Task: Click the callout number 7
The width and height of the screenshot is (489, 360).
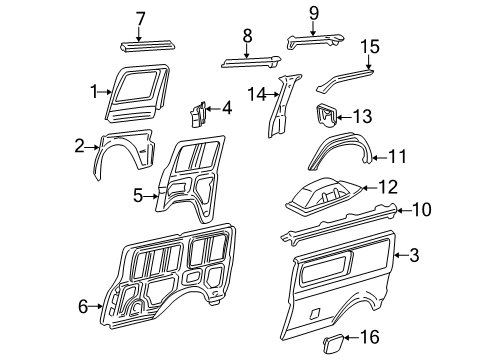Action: (x=141, y=17)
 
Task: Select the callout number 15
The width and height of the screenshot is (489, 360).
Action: (x=371, y=47)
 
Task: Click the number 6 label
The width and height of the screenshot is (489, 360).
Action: (x=84, y=307)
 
